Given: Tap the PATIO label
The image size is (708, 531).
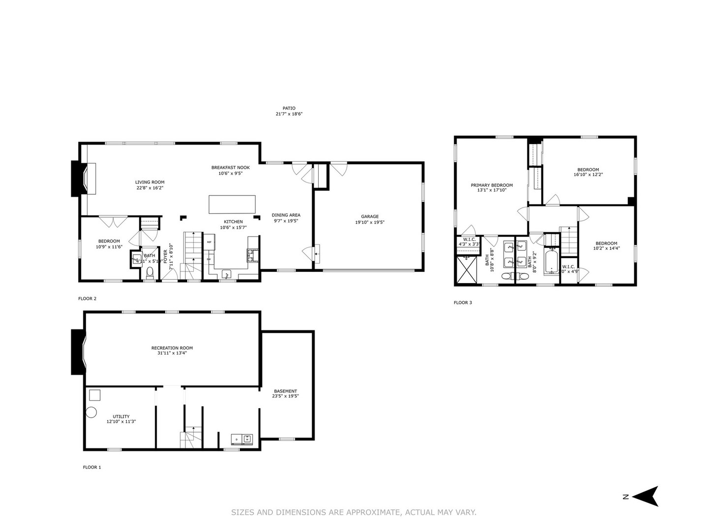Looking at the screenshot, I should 289,108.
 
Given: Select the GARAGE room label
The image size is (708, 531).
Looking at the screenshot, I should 370,216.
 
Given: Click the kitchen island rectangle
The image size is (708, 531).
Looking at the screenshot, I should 232,204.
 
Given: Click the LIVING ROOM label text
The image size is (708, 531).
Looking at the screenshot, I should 150,182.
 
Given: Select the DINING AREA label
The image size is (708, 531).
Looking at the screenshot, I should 286,215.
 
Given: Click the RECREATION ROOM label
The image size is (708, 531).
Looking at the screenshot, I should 172,348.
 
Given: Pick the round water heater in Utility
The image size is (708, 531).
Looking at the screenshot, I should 91,413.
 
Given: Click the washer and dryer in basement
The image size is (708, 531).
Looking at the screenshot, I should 241,439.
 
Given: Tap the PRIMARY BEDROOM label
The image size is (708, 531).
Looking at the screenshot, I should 492,185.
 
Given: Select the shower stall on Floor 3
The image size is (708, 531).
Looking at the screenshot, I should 466,269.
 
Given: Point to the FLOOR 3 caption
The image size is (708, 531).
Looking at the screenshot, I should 463,303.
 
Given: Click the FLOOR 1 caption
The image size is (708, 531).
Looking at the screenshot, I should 91,468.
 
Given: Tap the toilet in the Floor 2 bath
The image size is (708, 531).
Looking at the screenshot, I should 150,272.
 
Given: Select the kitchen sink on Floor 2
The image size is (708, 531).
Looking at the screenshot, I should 227,273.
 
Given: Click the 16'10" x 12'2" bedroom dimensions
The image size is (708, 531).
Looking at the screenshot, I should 588,175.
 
